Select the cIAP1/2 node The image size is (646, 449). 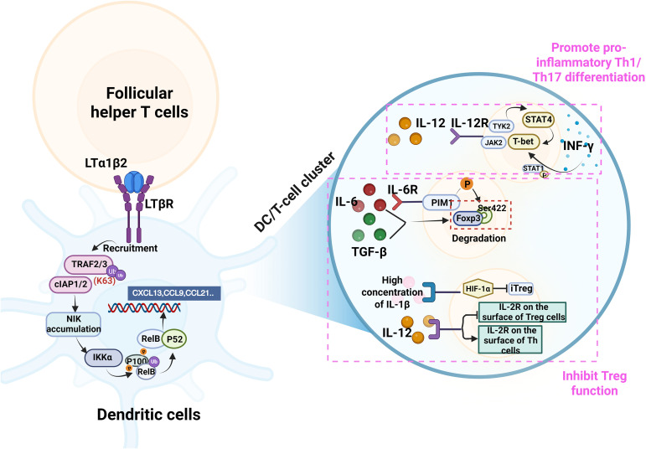70,284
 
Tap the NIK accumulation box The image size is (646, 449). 74,324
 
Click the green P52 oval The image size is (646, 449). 174,339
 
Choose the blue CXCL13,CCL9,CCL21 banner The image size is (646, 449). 174,293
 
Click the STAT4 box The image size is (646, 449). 539,120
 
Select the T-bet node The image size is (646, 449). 523,142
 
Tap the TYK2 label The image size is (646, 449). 501,126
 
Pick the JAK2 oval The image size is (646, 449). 494,142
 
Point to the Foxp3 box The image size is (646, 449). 468,219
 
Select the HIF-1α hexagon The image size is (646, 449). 478,289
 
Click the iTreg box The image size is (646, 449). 521,288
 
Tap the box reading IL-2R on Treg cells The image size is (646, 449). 523,312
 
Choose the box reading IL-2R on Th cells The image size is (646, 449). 510,339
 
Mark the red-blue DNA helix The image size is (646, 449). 144,307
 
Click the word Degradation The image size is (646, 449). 478,238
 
